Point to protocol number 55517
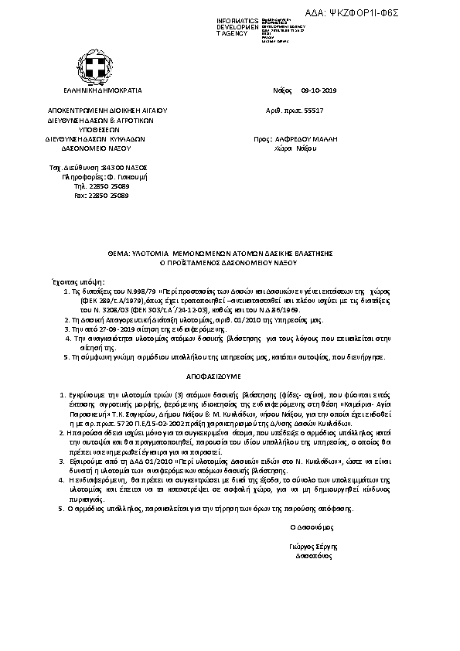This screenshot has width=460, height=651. (x=312, y=111)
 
